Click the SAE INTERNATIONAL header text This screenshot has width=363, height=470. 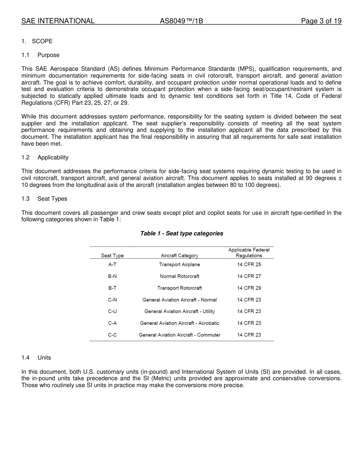click(58, 21)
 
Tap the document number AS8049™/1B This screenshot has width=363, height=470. click(181, 21)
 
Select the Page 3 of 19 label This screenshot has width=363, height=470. click(321, 21)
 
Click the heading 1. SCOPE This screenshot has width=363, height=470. click(37, 41)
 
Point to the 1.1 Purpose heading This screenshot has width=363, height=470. click(41, 55)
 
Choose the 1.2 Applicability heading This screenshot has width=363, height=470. click(45, 157)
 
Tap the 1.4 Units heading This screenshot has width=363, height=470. click(36, 358)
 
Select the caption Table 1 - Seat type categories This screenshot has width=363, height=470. click(181, 233)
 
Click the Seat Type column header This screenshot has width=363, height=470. click(112, 256)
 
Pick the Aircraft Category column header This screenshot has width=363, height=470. click(180, 256)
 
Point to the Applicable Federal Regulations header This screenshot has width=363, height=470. click(249, 253)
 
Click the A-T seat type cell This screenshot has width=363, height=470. click(112, 264)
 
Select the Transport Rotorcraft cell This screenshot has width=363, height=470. click(180, 288)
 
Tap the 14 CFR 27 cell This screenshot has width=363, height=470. click(249, 276)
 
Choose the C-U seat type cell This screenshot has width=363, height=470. click(112, 311)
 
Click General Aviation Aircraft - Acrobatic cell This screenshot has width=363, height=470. click(180, 323)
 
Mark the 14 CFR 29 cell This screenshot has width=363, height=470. click(249, 288)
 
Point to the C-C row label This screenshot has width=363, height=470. click(112, 335)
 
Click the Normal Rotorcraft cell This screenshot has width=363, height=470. click(180, 276)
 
